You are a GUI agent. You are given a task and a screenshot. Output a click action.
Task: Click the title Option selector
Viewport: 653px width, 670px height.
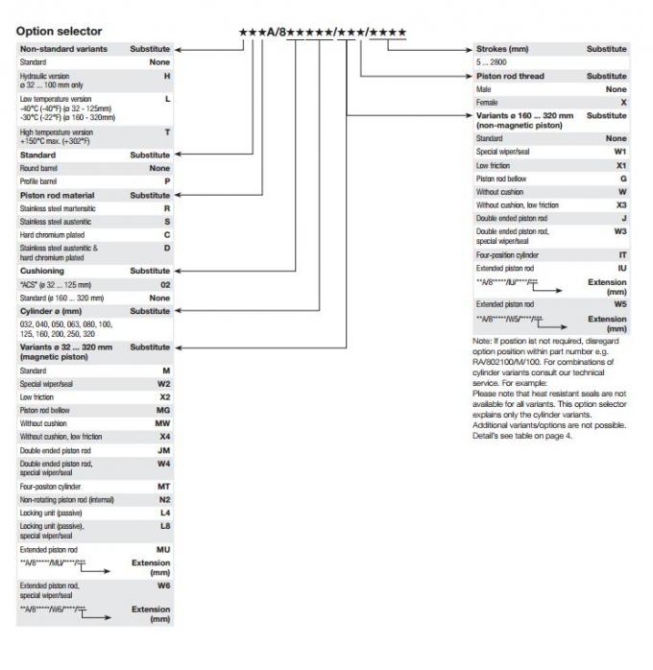click(59, 32)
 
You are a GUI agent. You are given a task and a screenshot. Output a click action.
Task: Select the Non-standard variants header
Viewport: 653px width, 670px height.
click(63, 48)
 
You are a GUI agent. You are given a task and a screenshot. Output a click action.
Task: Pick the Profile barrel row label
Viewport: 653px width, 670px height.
click(40, 180)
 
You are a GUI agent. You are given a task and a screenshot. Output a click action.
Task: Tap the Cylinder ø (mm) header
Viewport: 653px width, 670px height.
click(57, 311)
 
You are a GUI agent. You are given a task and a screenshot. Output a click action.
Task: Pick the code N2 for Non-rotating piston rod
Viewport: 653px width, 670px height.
click(164, 500)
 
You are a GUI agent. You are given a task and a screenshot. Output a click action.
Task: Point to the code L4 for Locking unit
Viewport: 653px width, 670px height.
click(164, 513)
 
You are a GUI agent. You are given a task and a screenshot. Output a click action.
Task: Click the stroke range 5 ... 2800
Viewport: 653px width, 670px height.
click(494, 61)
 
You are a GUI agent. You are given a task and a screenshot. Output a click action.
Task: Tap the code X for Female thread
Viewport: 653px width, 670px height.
click(623, 101)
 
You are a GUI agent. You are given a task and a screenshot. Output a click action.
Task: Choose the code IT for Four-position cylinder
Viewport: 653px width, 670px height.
click(621, 255)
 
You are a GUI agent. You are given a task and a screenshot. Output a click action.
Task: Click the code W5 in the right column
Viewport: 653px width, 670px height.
click(620, 303)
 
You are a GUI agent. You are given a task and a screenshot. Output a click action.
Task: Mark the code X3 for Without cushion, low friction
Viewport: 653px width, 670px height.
click(621, 204)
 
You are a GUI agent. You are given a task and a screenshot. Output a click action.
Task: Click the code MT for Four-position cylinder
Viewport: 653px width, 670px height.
click(164, 487)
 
